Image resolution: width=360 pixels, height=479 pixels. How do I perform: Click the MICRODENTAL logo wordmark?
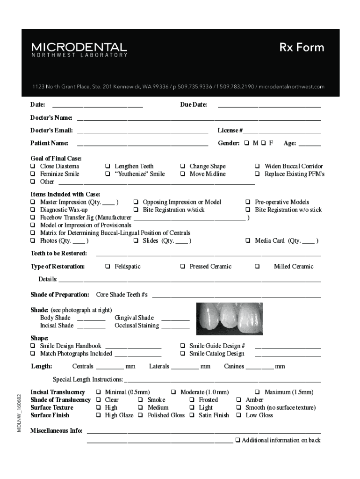tap(79, 47)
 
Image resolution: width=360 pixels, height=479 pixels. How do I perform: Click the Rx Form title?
tap(302, 47)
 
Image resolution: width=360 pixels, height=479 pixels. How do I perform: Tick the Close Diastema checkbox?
tap(33, 166)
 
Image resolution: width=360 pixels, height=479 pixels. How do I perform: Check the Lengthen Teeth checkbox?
tap(108, 166)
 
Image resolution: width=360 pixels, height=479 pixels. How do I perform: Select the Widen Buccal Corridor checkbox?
tap(258, 166)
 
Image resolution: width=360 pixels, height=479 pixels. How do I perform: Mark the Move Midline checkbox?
tap(183, 174)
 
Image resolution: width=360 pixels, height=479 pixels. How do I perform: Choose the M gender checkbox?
tap(246, 143)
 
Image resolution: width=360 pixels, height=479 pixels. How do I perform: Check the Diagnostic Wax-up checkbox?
tap(33, 210)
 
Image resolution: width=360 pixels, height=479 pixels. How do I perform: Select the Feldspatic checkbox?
tap(108, 267)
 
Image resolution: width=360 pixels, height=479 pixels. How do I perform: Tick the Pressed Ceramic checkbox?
tap(183, 267)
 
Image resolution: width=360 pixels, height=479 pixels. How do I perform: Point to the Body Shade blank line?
tap(91, 319)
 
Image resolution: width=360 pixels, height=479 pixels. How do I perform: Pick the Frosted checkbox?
tap(192, 400)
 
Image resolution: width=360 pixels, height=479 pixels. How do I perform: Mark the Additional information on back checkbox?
tap(238, 440)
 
